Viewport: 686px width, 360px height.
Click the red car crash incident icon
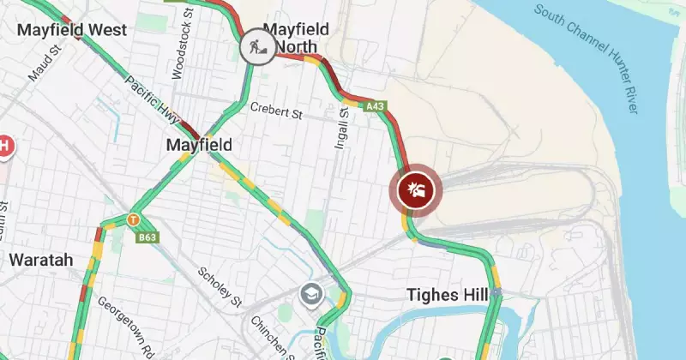pyautogui.click(x=417, y=189)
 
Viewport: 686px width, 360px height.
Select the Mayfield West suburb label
pyautogui.click(x=72, y=30)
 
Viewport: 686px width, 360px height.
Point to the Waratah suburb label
pyautogui.click(x=41, y=259)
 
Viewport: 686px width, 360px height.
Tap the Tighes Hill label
pyautogui.click(x=448, y=296)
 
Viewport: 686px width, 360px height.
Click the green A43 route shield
pyautogui.click(x=374, y=106)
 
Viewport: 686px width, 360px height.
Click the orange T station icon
pyautogui.click(x=132, y=219)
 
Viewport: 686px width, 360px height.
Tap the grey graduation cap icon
pyautogui.click(x=310, y=296)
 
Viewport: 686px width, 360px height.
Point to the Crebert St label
pyautogui.click(x=278, y=109)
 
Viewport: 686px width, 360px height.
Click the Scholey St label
pyautogui.click(x=220, y=285)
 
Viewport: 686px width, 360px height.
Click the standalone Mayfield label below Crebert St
pyautogui.click(x=198, y=146)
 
